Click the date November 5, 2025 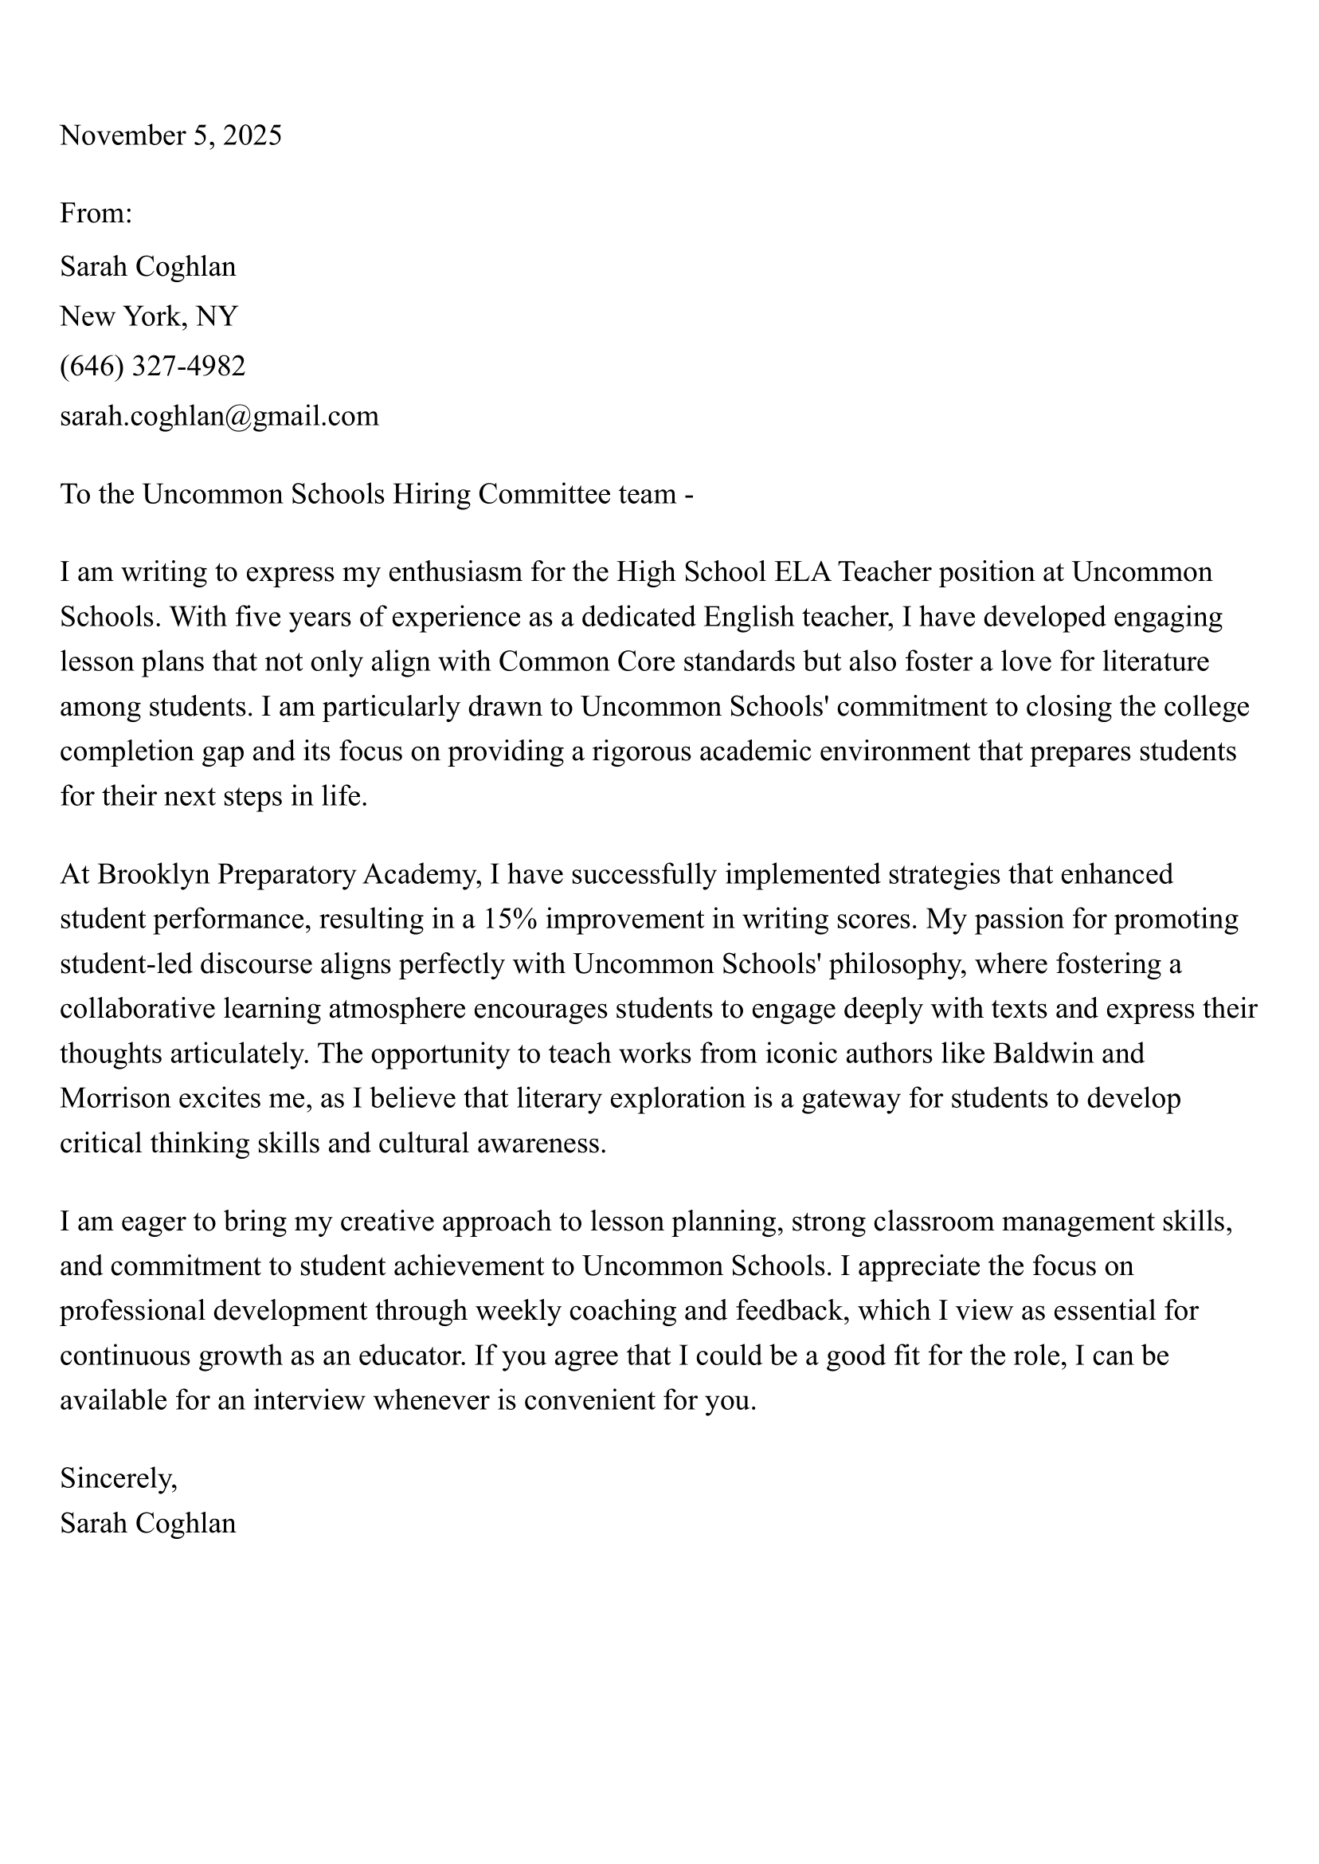click(170, 135)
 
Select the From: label click(96, 214)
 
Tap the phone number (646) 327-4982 click(153, 367)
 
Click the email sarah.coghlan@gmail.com click(219, 417)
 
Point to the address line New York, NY click(149, 316)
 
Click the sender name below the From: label click(148, 266)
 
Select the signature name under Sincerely click(148, 1524)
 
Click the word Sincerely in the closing click(118, 1479)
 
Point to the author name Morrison click(115, 1099)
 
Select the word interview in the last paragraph click(308, 1401)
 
